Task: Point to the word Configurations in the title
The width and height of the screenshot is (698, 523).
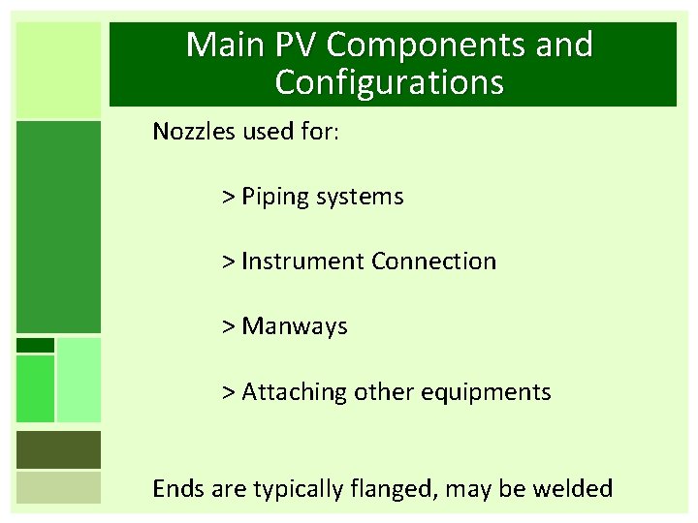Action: point(390,83)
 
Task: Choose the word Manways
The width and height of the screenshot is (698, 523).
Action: point(295,327)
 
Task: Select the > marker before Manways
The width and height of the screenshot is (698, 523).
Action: point(229,327)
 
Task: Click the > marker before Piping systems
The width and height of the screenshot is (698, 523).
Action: point(229,198)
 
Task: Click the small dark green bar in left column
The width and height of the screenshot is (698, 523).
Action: point(35,345)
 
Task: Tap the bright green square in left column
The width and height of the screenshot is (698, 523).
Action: point(35,388)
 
